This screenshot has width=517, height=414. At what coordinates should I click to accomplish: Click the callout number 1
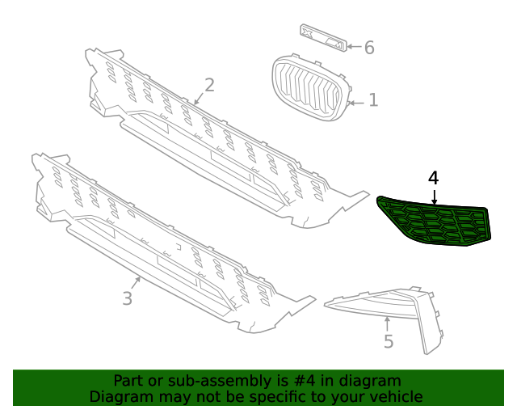[x=373, y=100]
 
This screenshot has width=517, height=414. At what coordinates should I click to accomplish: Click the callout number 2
[x=209, y=85]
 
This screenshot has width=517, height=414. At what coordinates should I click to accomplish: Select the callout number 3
[x=127, y=298]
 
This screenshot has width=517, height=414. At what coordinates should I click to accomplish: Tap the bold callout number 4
[x=434, y=178]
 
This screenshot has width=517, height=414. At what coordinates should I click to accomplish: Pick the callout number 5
[x=389, y=341]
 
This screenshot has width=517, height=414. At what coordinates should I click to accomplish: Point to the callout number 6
[x=369, y=48]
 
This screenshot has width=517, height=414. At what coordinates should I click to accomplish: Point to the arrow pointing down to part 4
[x=434, y=196]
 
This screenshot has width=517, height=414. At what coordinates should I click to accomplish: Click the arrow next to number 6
[x=354, y=47]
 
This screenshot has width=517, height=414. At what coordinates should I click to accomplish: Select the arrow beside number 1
[x=356, y=102]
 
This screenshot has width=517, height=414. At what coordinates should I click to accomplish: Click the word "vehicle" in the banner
[x=395, y=396]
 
